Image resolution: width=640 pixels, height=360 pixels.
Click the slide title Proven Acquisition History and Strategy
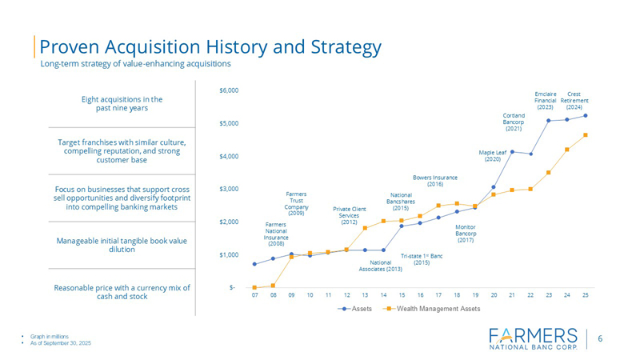(210, 47)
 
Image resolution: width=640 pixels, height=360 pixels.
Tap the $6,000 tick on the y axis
(229, 90)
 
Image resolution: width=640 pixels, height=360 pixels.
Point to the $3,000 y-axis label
(229, 189)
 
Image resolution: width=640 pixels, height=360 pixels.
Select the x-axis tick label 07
(254, 295)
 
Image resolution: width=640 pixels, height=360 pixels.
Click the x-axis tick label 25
(586, 295)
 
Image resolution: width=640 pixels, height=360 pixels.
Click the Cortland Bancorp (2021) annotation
(514, 122)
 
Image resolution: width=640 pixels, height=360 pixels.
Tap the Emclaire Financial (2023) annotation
(546, 100)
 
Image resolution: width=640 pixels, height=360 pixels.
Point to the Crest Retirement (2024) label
(574, 100)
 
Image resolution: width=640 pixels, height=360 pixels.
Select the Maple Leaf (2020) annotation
(493, 154)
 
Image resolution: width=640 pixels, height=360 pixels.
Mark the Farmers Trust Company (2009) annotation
(296, 203)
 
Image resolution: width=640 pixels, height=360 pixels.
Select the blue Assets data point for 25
(586, 115)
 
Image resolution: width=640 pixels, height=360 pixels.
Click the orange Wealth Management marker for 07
(254, 287)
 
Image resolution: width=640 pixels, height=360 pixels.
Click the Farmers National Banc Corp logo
(531, 338)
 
